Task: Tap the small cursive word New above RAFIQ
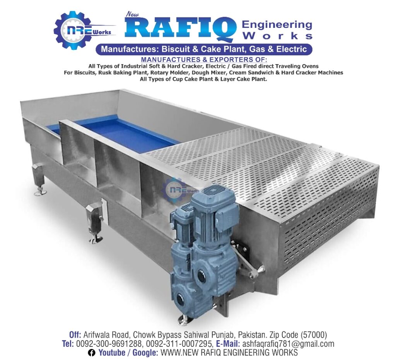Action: click(132, 14)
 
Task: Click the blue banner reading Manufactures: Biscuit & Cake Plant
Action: click(204, 49)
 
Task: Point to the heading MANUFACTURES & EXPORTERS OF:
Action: click(203, 60)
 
